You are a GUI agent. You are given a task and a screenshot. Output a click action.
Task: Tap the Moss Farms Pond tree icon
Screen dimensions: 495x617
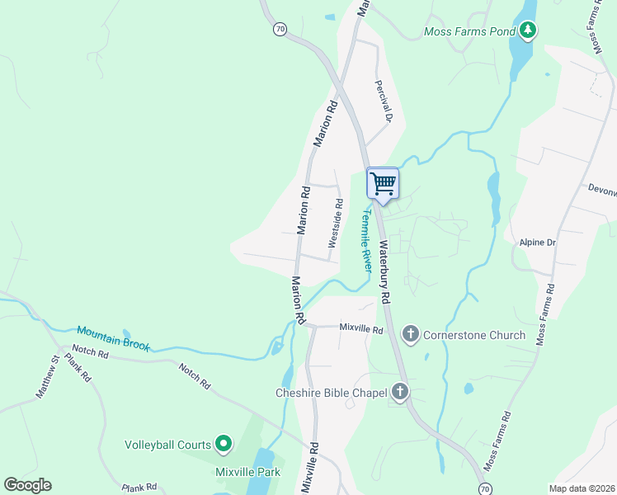pos(528,32)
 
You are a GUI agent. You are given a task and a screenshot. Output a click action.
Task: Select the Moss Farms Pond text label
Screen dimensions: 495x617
pos(469,33)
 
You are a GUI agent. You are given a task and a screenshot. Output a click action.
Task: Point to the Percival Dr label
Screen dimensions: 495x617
pos(382,101)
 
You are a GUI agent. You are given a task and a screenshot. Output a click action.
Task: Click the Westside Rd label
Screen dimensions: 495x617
pos(336,223)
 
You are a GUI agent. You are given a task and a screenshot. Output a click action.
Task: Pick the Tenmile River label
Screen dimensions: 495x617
pos(367,238)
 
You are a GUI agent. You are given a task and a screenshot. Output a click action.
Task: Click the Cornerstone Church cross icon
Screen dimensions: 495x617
pos(410,334)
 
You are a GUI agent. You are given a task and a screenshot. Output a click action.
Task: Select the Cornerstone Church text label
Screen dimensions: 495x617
pos(473,335)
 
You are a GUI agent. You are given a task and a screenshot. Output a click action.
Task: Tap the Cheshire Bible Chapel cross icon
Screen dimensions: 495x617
pos(400,392)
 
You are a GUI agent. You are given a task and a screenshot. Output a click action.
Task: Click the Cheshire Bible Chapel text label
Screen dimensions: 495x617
pos(331,393)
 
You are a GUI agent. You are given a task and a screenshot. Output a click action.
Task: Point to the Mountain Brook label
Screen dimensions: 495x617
pos(113,337)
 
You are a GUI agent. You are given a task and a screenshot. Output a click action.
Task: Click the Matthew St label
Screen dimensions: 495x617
pos(46,376)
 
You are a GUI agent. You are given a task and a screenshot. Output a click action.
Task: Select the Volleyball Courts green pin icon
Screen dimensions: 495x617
pos(223,445)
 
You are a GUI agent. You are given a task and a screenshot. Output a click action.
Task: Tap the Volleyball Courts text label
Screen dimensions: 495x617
pos(168,445)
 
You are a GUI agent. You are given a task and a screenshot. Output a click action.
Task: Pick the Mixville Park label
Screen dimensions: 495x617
pos(247,472)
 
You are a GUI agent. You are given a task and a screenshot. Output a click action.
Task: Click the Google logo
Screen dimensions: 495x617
pos(27,485)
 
